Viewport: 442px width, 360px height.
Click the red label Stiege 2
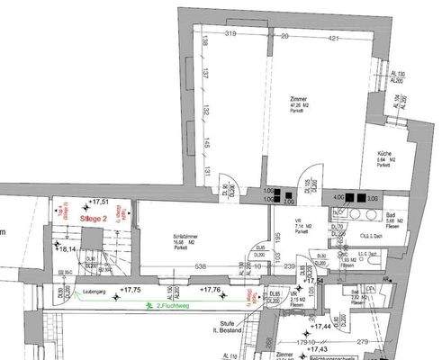point(94,218)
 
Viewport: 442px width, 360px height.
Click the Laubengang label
point(94,292)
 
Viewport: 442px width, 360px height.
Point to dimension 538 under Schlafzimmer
point(203,266)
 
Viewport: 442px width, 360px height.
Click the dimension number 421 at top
point(333,37)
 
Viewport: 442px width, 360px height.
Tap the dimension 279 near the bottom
point(363,342)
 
